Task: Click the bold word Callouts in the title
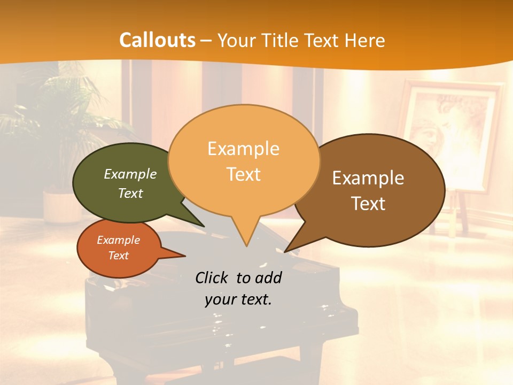pyautogui.click(x=158, y=40)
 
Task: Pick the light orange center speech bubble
pyautogui.click(x=244, y=160)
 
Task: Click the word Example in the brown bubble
pyautogui.click(x=368, y=178)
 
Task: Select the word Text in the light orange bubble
pyautogui.click(x=244, y=174)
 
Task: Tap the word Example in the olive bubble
pyautogui.click(x=130, y=174)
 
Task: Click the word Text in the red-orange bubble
pyautogui.click(x=119, y=256)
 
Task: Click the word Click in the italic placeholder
pyautogui.click(x=212, y=278)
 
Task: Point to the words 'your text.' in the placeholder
pyautogui.click(x=238, y=299)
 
